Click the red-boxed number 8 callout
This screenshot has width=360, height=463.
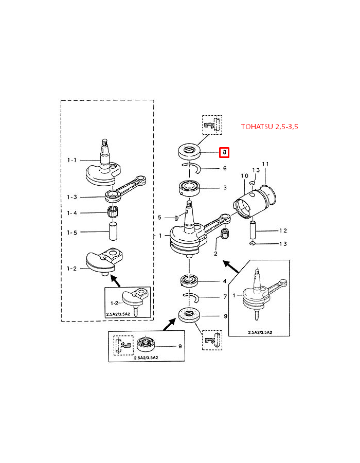tap(224, 152)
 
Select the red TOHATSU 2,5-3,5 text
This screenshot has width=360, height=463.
tap(269, 127)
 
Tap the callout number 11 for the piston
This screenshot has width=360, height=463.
tap(265, 164)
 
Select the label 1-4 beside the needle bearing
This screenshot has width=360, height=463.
tap(71, 213)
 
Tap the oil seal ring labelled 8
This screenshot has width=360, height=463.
tap(189, 152)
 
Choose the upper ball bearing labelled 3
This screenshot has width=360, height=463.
tap(190, 189)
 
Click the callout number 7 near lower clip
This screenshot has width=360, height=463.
tap(224, 297)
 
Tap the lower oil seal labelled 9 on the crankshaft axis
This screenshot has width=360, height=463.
tap(189, 314)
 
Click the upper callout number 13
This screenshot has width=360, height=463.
tap(256, 170)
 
